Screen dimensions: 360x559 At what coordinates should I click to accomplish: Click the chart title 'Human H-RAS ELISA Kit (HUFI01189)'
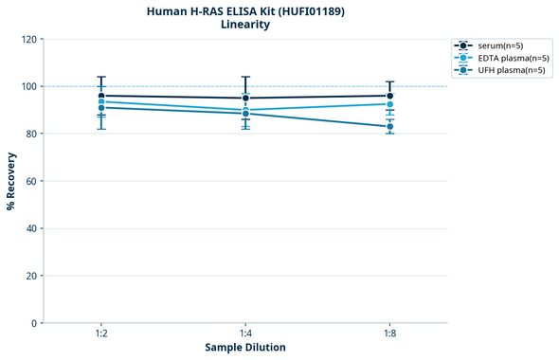click(x=245, y=11)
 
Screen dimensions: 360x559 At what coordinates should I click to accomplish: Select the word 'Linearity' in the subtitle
click(x=245, y=25)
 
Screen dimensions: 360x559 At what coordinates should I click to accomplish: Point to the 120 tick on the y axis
click(x=28, y=39)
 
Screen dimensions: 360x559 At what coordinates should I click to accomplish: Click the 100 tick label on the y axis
click(x=28, y=86)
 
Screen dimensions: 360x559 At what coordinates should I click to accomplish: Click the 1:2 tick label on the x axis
click(x=101, y=334)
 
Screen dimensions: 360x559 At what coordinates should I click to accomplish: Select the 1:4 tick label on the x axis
click(x=245, y=334)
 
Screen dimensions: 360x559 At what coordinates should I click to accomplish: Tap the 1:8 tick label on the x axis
click(x=390, y=334)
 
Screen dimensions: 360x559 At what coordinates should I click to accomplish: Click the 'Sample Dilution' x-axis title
click(x=245, y=348)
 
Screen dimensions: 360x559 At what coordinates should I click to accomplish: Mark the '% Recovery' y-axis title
click(x=11, y=180)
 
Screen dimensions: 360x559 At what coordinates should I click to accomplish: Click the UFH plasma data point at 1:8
click(x=390, y=126)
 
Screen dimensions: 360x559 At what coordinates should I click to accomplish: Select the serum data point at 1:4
click(x=245, y=98)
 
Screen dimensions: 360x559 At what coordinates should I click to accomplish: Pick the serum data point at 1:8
click(x=390, y=96)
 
